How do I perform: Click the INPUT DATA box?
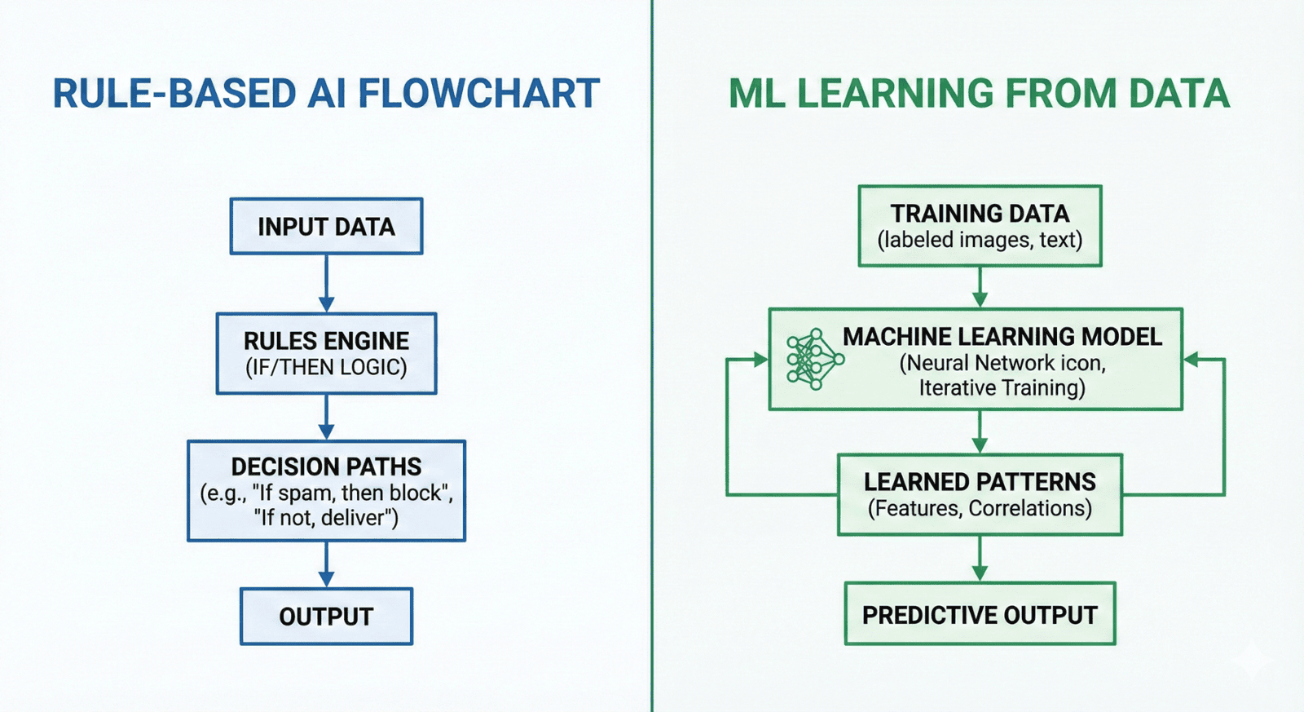pos(326,226)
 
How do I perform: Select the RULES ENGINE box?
pos(326,353)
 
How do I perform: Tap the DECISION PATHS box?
pos(326,490)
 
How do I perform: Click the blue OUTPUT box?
pos(326,616)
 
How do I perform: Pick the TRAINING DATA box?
pos(980,226)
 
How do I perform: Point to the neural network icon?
pos(813,359)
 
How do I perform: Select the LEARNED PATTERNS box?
pos(980,494)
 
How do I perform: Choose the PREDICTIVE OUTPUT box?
pos(980,614)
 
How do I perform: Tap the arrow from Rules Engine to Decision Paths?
pos(326,417)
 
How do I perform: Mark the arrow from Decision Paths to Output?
pos(326,564)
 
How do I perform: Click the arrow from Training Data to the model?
pos(980,287)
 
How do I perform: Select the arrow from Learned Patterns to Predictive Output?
pos(980,559)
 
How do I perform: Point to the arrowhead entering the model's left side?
pos(760,359)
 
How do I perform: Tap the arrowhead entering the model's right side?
pos(1192,359)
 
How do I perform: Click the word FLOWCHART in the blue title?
pos(479,94)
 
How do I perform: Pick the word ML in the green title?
pos(757,94)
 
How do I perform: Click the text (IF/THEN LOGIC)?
pos(326,368)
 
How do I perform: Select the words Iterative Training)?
pos(1002,387)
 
